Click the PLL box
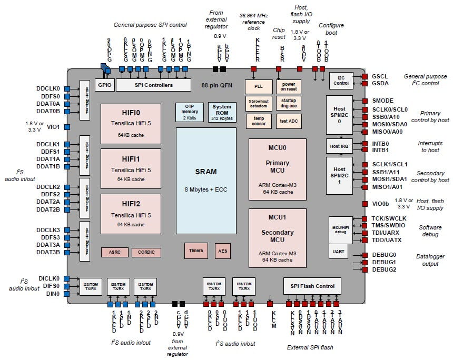(258, 85)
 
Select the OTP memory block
(190, 112)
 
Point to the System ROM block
(222, 112)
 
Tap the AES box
(222, 251)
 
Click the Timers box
(196, 251)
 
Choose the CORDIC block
(146, 252)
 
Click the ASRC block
(114, 252)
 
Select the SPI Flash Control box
(313, 286)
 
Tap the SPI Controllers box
(152, 85)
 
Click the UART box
(339, 252)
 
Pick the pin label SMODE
(383, 101)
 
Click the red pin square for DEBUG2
(365, 269)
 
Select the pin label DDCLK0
(48, 88)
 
